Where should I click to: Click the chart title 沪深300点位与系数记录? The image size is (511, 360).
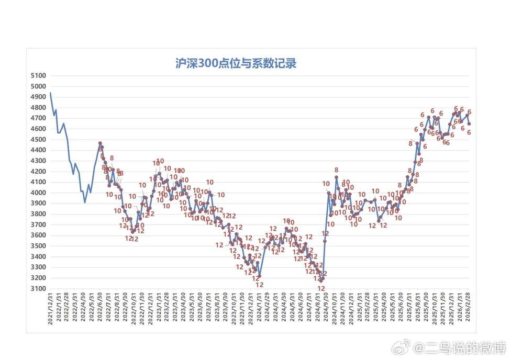pyautogui.click(x=236, y=64)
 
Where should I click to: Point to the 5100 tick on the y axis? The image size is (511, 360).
pyautogui.click(x=39, y=75)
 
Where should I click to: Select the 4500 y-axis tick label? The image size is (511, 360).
pyautogui.click(x=39, y=139)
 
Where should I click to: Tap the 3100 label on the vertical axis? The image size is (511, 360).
pyautogui.click(x=39, y=288)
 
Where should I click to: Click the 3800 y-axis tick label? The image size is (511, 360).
pyautogui.click(x=39, y=214)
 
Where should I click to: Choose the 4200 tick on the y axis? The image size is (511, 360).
pyautogui.click(x=39, y=171)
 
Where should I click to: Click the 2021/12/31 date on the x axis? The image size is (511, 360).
pyautogui.click(x=50, y=309)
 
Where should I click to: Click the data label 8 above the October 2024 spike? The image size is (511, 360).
pyautogui.click(x=336, y=170)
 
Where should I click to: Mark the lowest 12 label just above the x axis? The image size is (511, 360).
pyautogui.click(x=321, y=288)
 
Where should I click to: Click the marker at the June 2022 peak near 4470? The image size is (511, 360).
pyautogui.click(x=100, y=143)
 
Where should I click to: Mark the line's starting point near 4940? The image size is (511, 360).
pyautogui.click(x=50, y=93)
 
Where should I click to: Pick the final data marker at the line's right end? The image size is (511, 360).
pyautogui.click(x=469, y=124)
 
